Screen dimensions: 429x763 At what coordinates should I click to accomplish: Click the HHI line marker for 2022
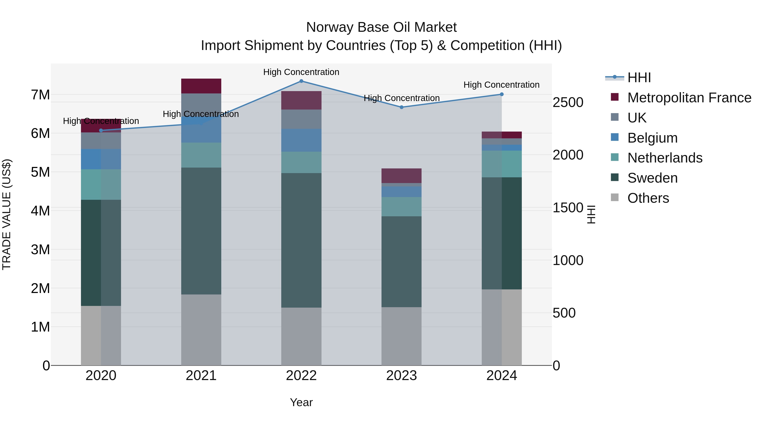click(x=301, y=81)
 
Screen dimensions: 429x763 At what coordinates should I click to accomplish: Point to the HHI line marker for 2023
click(x=401, y=107)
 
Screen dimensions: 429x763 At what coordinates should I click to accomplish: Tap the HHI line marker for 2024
click(x=501, y=94)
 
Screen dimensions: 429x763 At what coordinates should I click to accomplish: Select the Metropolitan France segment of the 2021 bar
click(x=201, y=86)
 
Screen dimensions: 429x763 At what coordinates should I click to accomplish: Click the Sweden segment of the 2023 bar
click(x=401, y=261)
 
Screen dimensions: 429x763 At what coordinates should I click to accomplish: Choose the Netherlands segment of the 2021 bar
click(x=201, y=155)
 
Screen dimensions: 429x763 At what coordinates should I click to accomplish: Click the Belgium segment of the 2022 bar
click(x=301, y=140)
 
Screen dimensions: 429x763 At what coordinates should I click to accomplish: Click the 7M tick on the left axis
click(x=40, y=95)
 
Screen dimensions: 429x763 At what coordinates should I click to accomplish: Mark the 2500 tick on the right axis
click(x=568, y=103)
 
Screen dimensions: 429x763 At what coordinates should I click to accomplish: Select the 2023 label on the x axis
click(x=401, y=376)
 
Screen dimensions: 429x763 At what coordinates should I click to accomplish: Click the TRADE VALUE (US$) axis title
click(x=7, y=214)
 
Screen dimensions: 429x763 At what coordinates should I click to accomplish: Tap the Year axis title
click(x=301, y=402)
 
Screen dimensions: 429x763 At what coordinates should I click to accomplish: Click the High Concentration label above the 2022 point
click(x=301, y=72)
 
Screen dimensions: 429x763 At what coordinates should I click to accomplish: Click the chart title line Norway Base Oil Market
click(x=381, y=27)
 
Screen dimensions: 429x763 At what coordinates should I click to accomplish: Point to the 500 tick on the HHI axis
click(x=564, y=313)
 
